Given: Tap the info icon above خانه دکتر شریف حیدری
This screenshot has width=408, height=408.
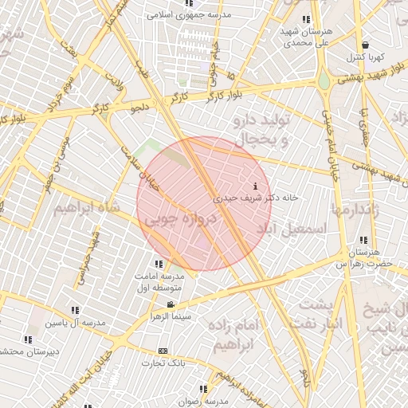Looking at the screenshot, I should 254,186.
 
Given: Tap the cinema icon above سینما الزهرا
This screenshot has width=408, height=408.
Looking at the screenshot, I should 170,305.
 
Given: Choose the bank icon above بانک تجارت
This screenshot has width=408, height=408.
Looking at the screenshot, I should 163,351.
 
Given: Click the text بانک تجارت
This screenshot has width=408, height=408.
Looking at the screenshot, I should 163,363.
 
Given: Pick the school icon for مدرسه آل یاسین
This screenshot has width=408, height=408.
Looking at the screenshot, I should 75,310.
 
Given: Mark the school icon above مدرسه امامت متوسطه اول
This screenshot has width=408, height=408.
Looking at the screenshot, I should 159,263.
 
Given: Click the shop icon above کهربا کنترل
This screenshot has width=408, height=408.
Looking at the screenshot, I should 365,45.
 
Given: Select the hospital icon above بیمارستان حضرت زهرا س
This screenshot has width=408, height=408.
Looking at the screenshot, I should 363,241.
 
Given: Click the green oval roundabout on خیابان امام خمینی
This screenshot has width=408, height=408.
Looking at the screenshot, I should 324,82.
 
